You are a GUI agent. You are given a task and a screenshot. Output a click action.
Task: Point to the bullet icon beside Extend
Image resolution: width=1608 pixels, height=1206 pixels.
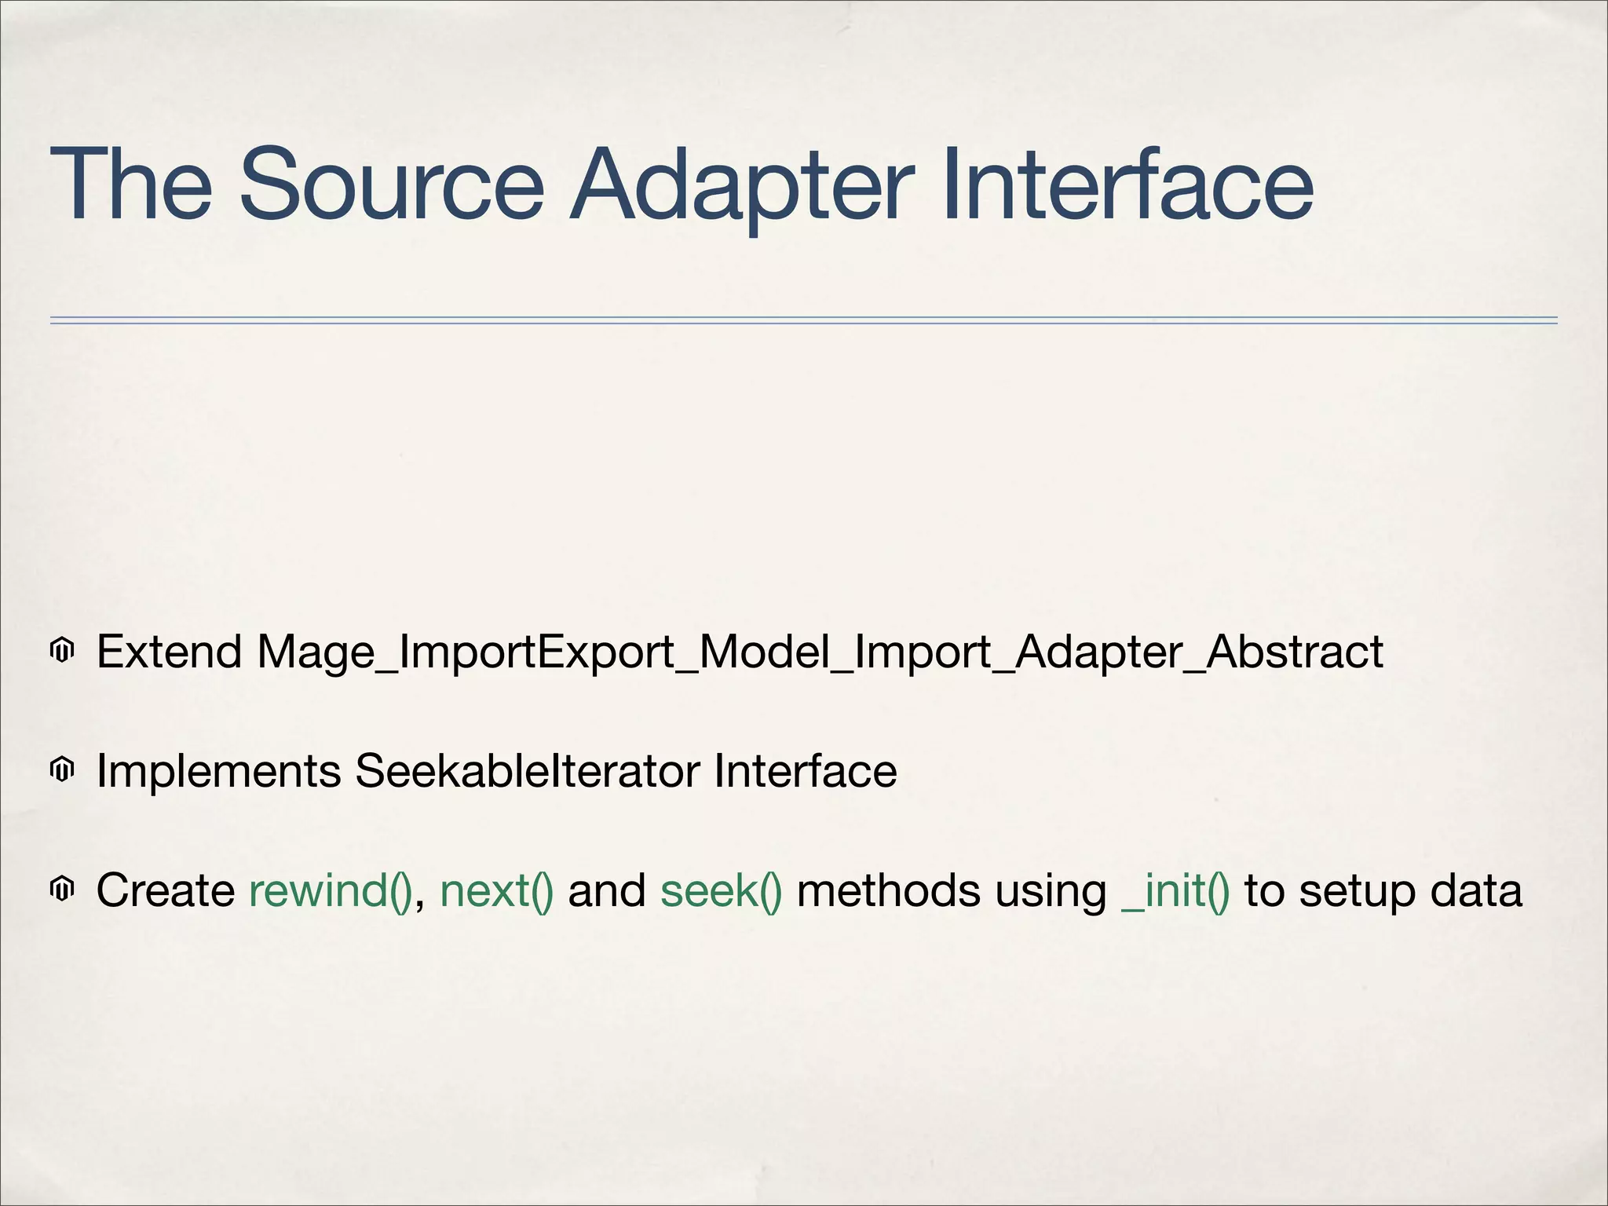[x=62, y=651]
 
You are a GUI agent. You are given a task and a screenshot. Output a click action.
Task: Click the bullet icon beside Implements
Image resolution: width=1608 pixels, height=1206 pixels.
[x=62, y=770]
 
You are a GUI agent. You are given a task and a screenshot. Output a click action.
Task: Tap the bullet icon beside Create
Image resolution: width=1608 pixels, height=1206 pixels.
[x=62, y=890]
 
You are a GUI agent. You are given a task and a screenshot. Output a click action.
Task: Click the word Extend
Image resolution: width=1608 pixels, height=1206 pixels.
[x=169, y=652]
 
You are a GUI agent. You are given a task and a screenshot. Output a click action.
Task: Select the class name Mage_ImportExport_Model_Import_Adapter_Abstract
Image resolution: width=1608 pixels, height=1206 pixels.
[x=820, y=653]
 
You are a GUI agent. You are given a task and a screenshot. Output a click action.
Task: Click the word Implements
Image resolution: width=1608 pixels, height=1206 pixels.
[x=218, y=772]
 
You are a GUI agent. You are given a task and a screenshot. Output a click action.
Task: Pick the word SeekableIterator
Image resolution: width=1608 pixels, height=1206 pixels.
[x=527, y=771]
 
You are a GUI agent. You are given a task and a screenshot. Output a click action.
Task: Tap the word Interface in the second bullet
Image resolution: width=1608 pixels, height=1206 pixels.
[x=805, y=771]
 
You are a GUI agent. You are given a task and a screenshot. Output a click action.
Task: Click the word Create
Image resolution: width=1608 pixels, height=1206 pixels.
[x=166, y=890]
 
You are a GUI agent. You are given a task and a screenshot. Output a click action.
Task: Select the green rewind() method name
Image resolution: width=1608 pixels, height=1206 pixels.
[x=330, y=891]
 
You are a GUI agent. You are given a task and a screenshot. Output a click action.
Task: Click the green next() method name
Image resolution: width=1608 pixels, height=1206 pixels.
[x=496, y=891]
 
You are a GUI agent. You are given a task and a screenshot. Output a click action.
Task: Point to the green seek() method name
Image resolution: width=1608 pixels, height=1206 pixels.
[x=721, y=891]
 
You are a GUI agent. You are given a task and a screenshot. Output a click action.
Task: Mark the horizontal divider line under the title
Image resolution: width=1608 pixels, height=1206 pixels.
[x=803, y=320]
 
